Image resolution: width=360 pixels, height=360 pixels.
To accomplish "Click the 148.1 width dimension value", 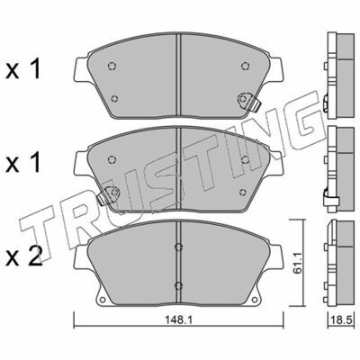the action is coord(178,320).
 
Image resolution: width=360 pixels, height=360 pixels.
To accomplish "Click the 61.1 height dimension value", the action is coord(297,264).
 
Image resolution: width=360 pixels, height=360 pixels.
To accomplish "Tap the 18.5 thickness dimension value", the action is coord(341,320).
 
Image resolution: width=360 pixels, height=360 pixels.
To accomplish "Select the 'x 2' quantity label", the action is coord(24,257).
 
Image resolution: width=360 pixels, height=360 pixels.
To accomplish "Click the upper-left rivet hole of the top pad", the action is coord(112,66).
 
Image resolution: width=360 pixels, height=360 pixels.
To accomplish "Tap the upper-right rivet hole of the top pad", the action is coord(245,66).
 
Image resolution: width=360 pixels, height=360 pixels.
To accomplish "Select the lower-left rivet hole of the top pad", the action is coord(114,98).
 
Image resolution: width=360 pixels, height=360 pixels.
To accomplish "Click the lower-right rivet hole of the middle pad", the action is coord(243,192).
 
